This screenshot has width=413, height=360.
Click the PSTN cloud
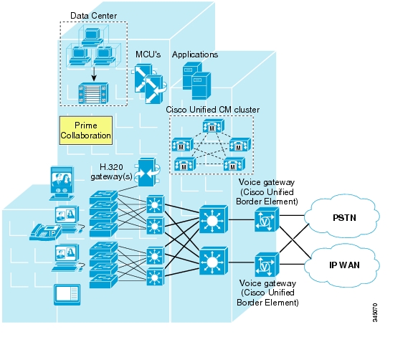pos(342,217)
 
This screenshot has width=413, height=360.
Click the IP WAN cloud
pos(342,265)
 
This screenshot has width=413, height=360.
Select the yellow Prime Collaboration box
pos(86,131)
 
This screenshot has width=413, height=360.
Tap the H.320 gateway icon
pos(147,172)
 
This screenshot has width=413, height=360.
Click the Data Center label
pos(93,16)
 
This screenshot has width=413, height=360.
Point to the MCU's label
pos(148,55)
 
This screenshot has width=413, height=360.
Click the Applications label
pos(195,55)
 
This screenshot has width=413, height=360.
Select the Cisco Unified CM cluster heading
pos(212,110)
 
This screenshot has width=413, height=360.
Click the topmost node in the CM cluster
pos(214,126)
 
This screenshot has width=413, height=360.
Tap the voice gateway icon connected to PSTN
pos(267,219)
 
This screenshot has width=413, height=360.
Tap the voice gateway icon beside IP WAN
pos(267,265)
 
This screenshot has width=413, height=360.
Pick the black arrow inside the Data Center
pos(93,74)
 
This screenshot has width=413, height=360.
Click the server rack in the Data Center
pos(93,93)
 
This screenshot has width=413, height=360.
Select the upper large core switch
pos(214,219)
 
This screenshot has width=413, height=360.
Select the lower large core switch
pos(214,261)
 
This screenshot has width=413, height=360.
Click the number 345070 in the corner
pos(375,313)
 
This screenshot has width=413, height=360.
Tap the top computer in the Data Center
pos(92,37)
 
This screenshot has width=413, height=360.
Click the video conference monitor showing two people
pos(62,183)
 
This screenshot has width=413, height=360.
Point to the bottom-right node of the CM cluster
pos(234,164)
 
